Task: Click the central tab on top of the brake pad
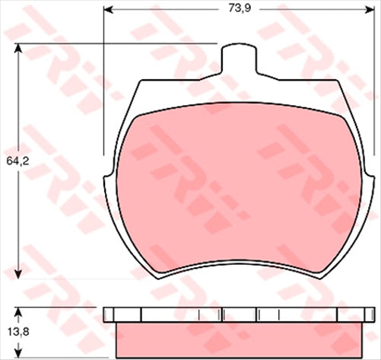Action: [239, 58]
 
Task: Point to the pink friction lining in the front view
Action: [239, 190]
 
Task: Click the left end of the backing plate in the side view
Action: [106, 314]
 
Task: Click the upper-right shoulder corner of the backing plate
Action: [339, 81]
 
